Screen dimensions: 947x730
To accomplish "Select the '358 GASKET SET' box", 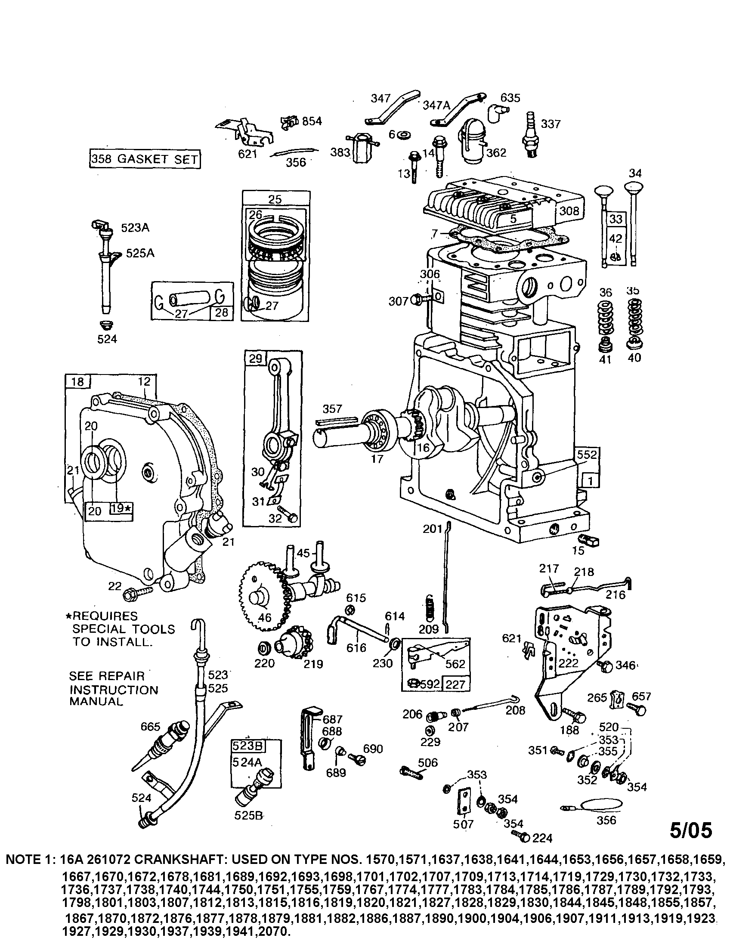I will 145,159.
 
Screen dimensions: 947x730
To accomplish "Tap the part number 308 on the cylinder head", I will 569,211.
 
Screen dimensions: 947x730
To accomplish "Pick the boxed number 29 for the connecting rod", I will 256,358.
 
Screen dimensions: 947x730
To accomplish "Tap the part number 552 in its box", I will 587,455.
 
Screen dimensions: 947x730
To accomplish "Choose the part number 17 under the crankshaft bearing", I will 377,458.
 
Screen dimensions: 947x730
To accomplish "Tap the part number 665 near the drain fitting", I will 150,726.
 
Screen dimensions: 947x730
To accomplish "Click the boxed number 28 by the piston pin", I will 222,312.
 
